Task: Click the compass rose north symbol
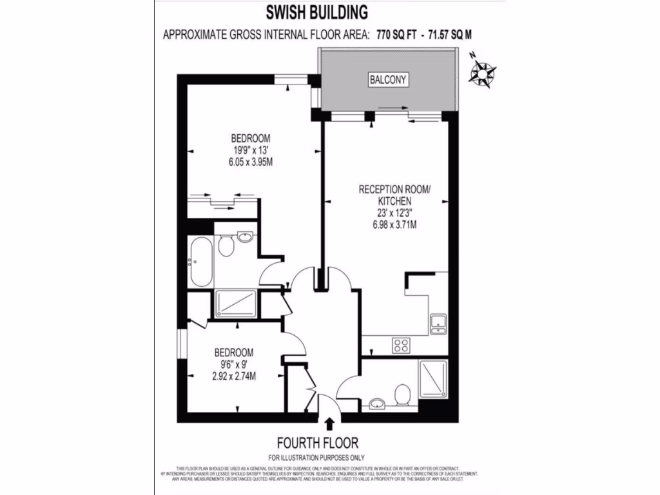pyautogui.click(x=481, y=72)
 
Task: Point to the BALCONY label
pyautogui.click(x=389, y=80)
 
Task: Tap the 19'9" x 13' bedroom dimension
pyautogui.click(x=251, y=150)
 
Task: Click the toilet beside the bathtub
pyautogui.click(x=226, y=246)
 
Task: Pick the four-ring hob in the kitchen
pyautogui.click(x=401, y=345)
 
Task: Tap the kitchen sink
pyautogui.click(x=439, y=322)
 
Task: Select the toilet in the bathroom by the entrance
pyautogui.click(x=403, y=394)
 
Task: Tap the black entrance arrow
pyautogui.click(x=330, y=423)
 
